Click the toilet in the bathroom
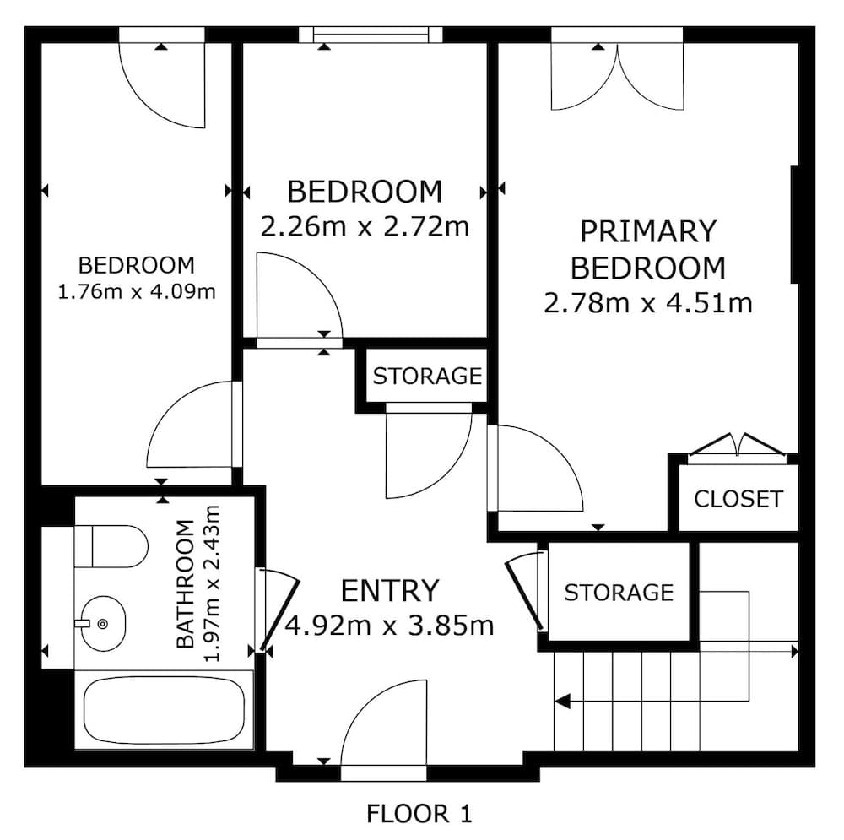point(111,546)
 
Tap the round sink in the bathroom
point(102,624)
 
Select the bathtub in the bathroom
point(164,710)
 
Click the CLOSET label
point(738,499)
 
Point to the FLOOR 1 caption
point(419,814)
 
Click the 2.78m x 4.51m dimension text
point(648,303)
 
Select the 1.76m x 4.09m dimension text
point(136,292)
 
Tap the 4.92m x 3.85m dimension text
point(389,626)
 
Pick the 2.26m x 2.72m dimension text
point(365,227)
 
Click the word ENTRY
point(390,590)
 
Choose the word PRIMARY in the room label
point(648,231)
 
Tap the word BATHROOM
point(185,583)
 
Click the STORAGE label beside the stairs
point(619,593)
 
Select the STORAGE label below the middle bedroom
point(427,377)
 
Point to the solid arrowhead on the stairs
point(562,702)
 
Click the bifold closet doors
point(737,445)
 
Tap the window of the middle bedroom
point(371,35)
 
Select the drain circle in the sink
point(103,624)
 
